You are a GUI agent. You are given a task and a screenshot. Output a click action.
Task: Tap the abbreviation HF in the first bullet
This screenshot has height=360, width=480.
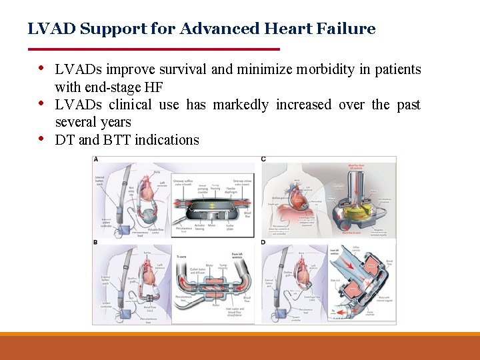154,87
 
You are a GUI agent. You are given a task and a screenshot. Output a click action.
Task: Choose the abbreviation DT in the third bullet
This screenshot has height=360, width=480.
65,140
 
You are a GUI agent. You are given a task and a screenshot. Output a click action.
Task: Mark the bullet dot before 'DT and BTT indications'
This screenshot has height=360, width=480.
41,138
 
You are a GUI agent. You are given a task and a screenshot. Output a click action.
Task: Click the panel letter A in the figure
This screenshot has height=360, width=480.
97,160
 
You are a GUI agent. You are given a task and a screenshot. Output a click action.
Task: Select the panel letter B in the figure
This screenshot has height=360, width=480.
97,242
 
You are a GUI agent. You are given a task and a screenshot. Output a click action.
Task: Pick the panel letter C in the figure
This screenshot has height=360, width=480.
264,160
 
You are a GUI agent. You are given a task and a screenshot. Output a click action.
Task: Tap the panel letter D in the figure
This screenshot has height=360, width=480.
264,242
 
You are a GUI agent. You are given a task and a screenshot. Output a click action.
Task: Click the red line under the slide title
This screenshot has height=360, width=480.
153,49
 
